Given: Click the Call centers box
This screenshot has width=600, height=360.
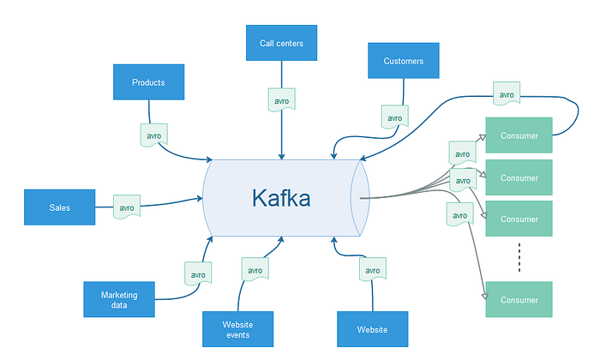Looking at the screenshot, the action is pyautogui.click(x=281, y=43).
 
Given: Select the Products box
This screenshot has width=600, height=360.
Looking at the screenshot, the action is pyautogui.click(x=148, y=82).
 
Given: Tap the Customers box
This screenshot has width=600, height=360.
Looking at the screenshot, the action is pyautogui.click(x=404, y=61).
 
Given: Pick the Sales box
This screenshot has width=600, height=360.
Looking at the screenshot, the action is pyautogui.click(x=59, y=207).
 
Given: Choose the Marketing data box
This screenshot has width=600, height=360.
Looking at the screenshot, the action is pyautogui.click(x=119, y=299).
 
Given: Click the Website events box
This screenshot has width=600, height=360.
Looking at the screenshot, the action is pyautogui.click(x=237, y=329).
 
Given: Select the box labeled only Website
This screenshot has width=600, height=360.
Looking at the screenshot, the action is pyautogui.click(x=372, y=329).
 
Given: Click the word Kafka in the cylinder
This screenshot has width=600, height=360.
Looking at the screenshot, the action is pyautogui.click(x=281, y=198).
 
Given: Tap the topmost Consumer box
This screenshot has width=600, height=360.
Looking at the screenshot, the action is pyautogui.click(x=519, y=135).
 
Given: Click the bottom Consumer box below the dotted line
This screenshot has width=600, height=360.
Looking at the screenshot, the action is pyautogui.click(x=519, y=299).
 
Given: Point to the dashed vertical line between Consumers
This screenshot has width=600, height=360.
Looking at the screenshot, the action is pyautogui.click(x=519, y=257).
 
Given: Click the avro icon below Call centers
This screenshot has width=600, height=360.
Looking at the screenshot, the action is pyautogui.click(x=282, y=99).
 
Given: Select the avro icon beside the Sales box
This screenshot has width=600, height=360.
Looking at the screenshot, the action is pyautogui.click(x=127, y=207).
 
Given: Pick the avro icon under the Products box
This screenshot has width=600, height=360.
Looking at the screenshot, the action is pyautogui.click(x=153, y=135).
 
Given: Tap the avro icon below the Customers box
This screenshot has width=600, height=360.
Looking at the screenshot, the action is pyautogui.click(x=395, y=117).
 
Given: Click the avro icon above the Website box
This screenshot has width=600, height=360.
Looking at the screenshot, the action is pyautogui.click(x=373, y=269).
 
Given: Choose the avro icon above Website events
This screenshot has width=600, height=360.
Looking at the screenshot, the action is pyautogui.click(x=255, y=269).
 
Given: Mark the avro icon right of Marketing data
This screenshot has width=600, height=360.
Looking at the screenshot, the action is pyautogui.click(x=198, y=273).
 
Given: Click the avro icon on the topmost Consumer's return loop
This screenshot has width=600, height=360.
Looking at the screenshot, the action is pyautogui.click(x=507, y=93).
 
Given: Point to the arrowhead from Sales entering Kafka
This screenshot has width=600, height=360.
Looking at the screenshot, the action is pyautogui.click(x=200, y=198).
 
